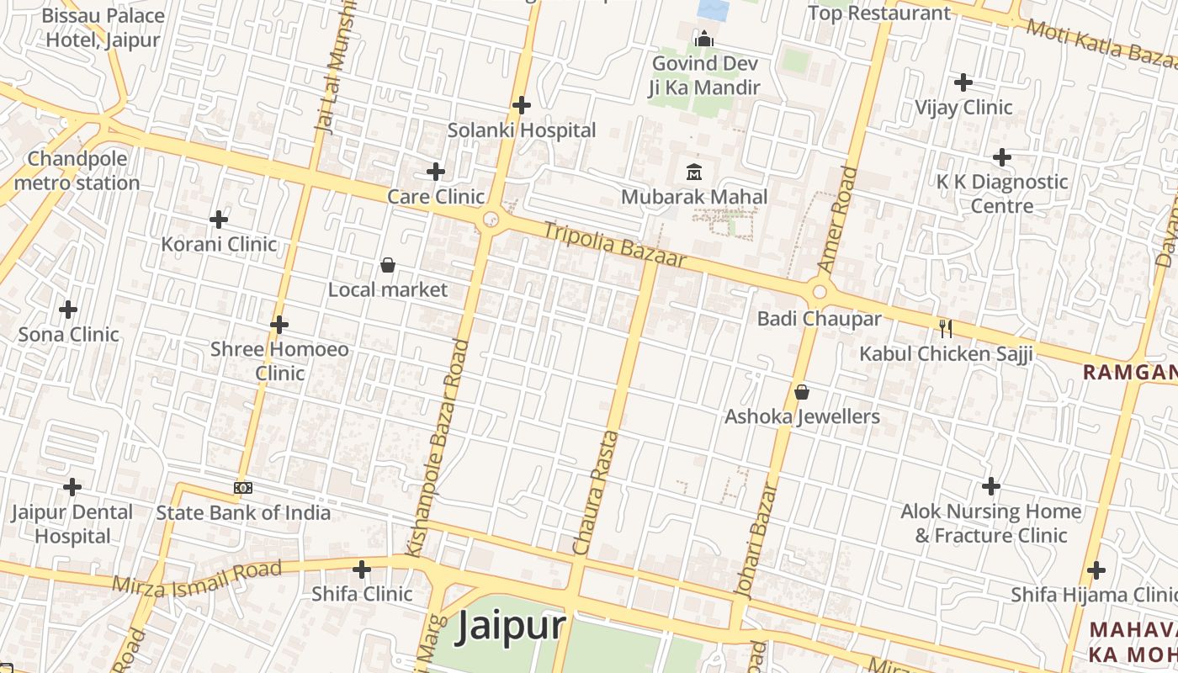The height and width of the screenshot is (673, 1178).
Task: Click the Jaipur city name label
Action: tap(510, 628)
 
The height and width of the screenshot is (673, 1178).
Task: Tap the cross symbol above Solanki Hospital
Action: tap(522, 105)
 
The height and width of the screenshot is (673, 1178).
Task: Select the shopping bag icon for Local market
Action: tap(388, 265)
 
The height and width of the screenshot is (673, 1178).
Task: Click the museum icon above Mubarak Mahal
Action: tap(694, 172)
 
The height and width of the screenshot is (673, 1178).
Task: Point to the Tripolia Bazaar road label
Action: tap(614, 244)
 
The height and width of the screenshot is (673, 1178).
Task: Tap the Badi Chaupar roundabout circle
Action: tap(820, 292)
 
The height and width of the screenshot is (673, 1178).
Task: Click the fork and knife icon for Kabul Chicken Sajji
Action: tap(946, 328)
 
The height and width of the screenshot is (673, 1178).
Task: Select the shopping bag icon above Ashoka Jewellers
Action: tap(802, 392)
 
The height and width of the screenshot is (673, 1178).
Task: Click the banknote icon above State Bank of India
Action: tap(243, 487)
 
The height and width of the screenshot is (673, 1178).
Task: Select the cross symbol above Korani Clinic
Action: tap(219, 220)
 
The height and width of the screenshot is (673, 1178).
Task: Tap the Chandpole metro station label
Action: tap(77, 171)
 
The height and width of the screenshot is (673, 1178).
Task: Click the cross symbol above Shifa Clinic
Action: tap(362, 570)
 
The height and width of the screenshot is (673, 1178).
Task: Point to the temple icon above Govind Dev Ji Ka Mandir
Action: tap(703, 39)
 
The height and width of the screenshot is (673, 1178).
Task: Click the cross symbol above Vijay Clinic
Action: tap(963, 82)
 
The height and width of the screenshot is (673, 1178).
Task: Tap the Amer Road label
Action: tap(838, 219)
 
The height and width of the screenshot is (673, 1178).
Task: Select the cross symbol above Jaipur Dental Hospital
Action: tap(72, 486)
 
